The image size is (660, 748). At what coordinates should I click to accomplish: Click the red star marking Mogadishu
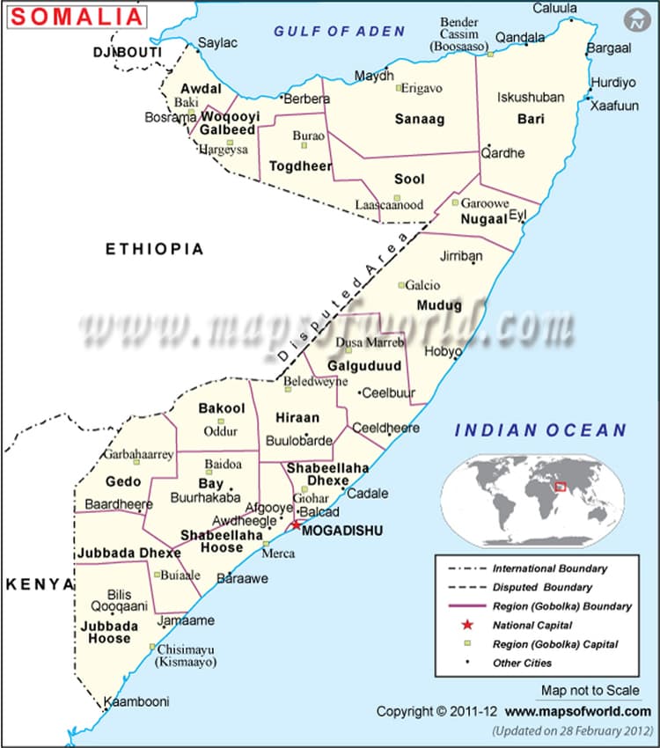296,524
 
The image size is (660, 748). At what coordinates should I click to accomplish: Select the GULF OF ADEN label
339,31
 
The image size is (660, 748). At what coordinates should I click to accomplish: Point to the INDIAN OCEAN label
540,430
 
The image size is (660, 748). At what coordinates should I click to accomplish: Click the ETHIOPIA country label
155,249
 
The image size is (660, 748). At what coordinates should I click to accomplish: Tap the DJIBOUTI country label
127,54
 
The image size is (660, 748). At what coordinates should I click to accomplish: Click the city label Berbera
304,99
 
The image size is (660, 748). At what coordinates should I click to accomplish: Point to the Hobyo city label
443,351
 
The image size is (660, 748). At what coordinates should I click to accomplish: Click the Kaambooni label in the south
136,702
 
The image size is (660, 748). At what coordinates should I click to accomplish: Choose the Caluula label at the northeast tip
555,9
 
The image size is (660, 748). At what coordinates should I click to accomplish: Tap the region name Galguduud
364,365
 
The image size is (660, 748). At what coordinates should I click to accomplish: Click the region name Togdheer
300,166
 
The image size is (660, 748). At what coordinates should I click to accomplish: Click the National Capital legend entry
532,625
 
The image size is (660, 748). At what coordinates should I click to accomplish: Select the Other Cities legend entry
522,663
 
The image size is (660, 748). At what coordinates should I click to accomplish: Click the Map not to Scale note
590,691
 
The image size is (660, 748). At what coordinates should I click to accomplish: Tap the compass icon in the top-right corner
634,20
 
